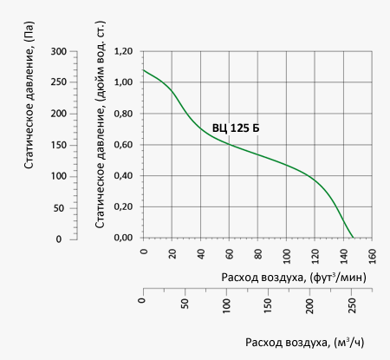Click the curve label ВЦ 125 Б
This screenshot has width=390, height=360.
pyautogui.click(x=236, y=128)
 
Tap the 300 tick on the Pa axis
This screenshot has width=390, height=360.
pyautogui.click(x=59, y=52)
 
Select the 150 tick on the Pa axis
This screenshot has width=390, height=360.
pyautogui.click(x=59, y=145)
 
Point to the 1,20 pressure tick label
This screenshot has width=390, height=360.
pyautogui.click(x=123, y=51)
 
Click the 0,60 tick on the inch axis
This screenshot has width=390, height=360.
pyautogui.click(x=123, y=145)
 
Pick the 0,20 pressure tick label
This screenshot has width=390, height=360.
pyautogui.click(x=123, y=206)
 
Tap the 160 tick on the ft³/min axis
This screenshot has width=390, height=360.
pyautogui.click(x=373, y=256)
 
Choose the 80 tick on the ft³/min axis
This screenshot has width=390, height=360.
pyautogui.click(x=258, y=254)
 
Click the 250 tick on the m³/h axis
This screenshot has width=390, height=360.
pyautogui.click(x=352, y=306)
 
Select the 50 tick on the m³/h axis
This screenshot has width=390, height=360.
pyautogui.click(x=185, y=304)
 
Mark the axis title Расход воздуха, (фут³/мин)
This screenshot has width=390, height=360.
pyautogui.click(x=294, y=278)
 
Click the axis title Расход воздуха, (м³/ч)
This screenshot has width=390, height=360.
pyautogui.click(x=305, y=343)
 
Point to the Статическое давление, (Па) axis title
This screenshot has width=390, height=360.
pyautogui.click(x=29, y=95)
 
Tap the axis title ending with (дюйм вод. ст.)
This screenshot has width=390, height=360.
pyautogui.click(x=100, y=124)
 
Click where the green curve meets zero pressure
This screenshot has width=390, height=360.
pyautogui.click(x=354, y=238)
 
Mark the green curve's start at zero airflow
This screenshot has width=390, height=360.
pyautogui.click(x=143, y=70)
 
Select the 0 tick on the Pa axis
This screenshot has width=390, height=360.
pyautogui.click(x=59, y=239)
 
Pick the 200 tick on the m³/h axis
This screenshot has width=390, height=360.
pyautogui.click(x=309, y=306)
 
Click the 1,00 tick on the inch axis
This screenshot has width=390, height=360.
pyautogui.click(x=123, y=82)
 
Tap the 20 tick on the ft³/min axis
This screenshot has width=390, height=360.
pyautogui.click(x=172, y=254)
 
